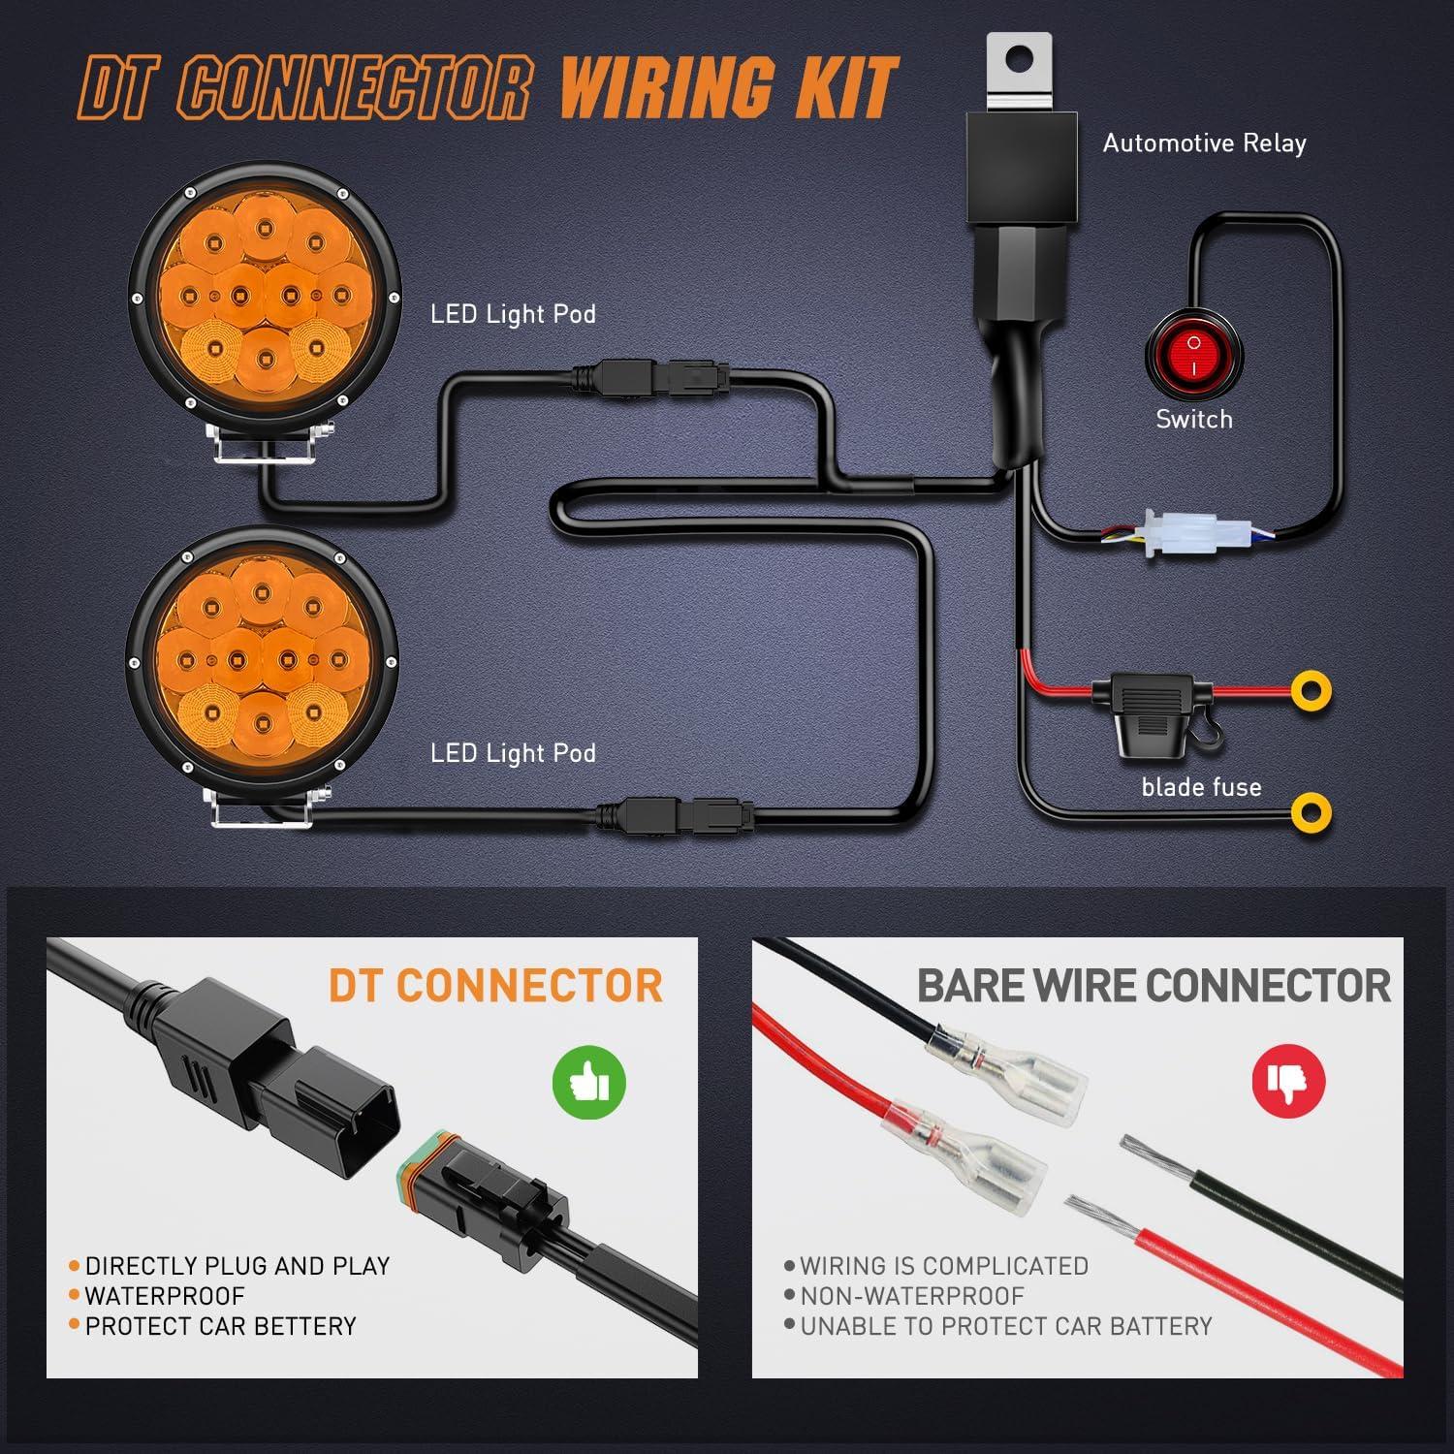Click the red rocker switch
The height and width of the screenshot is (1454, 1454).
pyautogui.click(x=1193, y=355)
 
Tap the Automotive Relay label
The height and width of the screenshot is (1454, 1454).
pyautogui.click(x=1204, y=143)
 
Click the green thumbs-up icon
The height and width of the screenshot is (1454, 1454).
pyautogui.click(x=588, y=1081)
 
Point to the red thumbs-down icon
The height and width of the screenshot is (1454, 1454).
pyautogui.click(x=1287, y=1080)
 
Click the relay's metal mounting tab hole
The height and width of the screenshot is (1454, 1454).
pyautogui.click(x=1018, y=59)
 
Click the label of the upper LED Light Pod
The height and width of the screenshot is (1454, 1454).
pyautogui.click(x=513, y=314)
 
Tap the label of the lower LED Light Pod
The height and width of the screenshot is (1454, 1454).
pyautogui.click(x=513, y=753)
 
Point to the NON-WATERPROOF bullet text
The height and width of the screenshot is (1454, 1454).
pyautogui.click(x=911, y=1296)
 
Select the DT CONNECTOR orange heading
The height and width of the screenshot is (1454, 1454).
pyautogui.click(x=495, y=986)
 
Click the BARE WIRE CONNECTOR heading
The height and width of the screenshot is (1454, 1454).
pyautogui.click(x=1154, y=986)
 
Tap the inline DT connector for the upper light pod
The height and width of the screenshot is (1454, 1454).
pyautogui.click(x=650, y=376)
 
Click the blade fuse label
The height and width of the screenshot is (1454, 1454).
pyautogui.click(x=1201, y=787)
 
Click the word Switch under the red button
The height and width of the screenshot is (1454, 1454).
pyautogui.click(x=1194, y=420)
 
